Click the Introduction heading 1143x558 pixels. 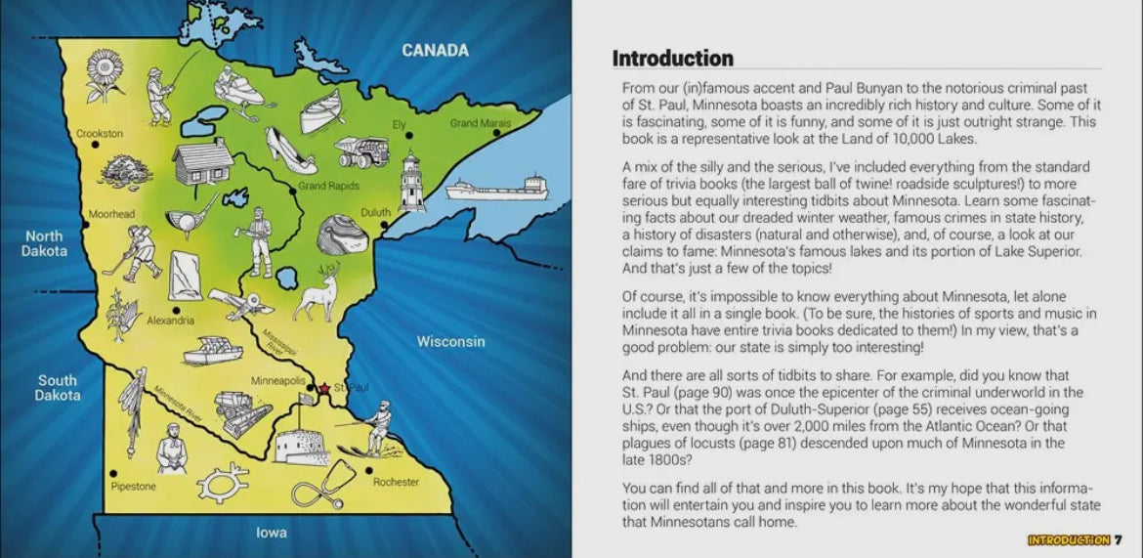point(672,58)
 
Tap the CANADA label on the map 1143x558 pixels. point(435,50)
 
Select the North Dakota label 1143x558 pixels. point(44,243)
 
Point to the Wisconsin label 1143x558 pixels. point(450,341)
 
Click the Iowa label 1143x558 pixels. point(271,533)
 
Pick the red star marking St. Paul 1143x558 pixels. point(324,389)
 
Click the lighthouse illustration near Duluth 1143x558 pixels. point(411,181)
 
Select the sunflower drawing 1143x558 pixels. point(105,76)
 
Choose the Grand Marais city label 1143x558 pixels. point(480,124)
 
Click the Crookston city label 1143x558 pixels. point(100,133)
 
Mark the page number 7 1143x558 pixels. point(1119,540)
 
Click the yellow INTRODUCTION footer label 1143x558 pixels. point(1068,540)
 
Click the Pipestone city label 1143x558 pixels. point(133,486)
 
